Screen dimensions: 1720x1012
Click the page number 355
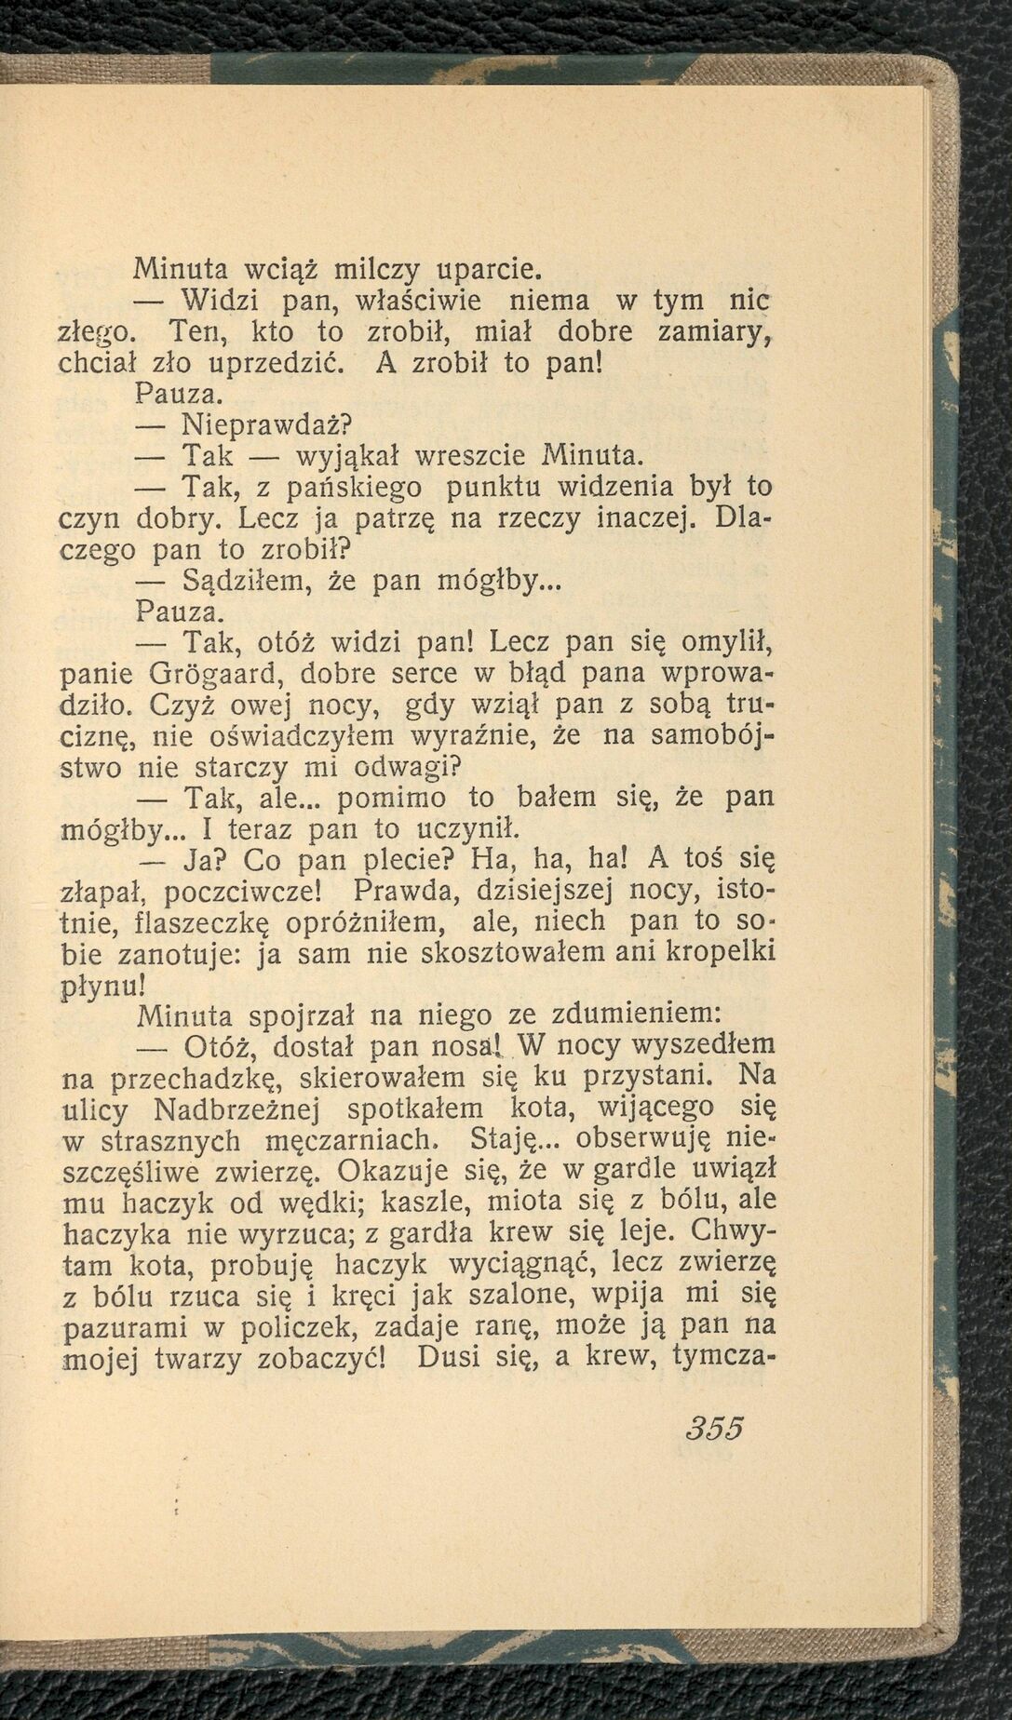pos(715,1430)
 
